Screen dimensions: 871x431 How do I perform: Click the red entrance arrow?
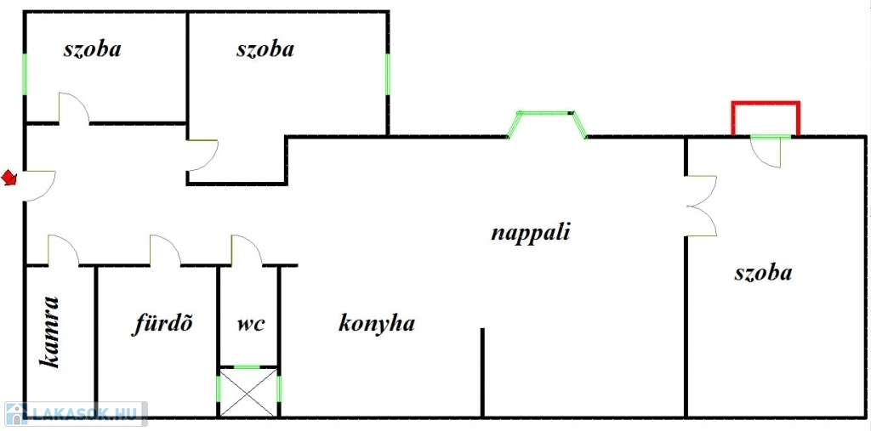tap(9, 178)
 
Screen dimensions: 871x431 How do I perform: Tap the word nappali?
tap(531, 233)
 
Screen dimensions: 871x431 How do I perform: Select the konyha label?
tap(377, 323)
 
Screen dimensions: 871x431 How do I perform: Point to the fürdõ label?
tap(162, 323)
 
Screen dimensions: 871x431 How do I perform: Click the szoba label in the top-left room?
tap(93, 49)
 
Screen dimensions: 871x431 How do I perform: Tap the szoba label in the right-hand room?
tap(763, 273)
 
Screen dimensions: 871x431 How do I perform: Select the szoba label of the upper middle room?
tap(265, 49)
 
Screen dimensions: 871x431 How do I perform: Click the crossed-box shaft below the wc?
tap(248, 392)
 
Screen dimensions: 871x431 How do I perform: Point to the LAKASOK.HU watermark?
tap(74, 414)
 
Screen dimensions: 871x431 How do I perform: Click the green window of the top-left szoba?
tap(25, 74)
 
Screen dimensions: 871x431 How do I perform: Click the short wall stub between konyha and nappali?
tap(482, 372)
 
